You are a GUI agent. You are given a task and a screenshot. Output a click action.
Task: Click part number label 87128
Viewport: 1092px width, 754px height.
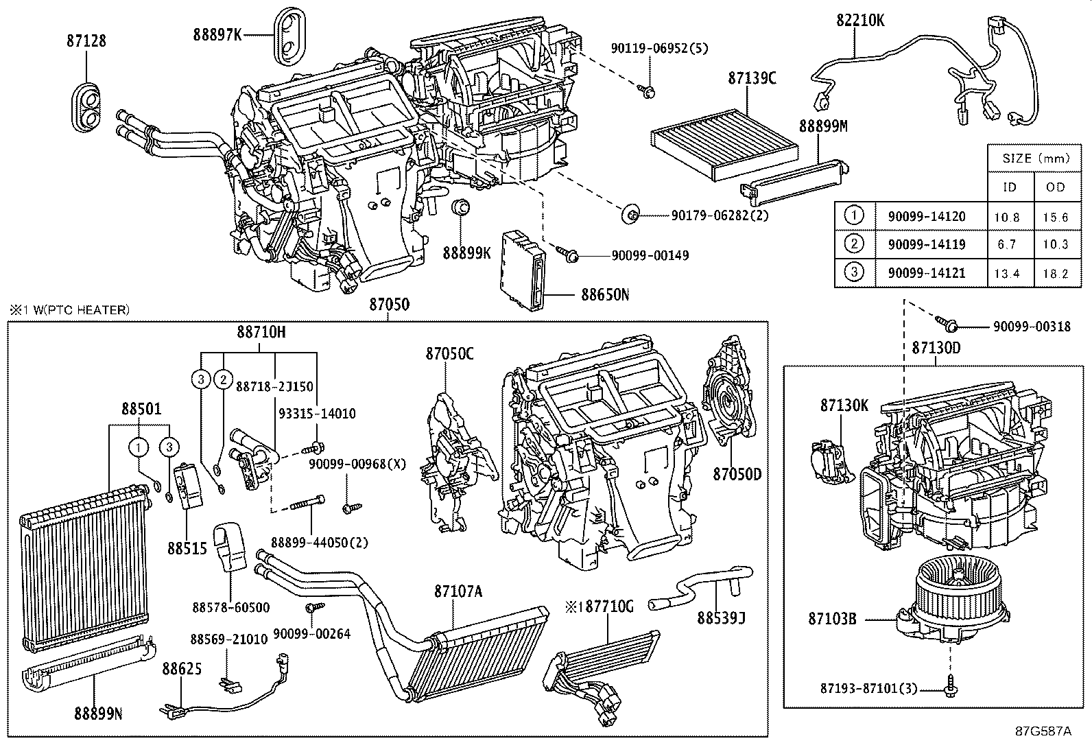(x=86, y=41)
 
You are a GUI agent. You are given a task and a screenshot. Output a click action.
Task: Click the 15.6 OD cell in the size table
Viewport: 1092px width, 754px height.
(x=1055, y=217)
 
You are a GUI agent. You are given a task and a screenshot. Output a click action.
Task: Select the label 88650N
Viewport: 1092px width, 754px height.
(x=605, y=295)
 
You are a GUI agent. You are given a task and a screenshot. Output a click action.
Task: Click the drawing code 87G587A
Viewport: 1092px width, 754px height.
(x=1043, y=731)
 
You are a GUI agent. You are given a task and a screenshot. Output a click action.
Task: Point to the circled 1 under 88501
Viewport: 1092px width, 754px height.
(x=139, y=448)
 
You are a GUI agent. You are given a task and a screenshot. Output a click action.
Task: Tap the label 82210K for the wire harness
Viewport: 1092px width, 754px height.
(x=859, y=21)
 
